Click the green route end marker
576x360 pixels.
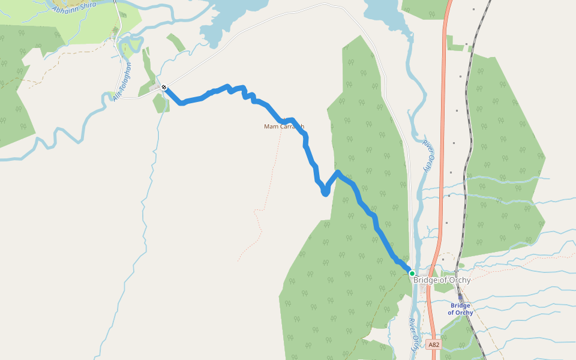coord(412,274)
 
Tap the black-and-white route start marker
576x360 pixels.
coord(164,88)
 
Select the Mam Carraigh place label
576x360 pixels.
coord(284,127)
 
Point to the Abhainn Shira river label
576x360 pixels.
coord(74,8)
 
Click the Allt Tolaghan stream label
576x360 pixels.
coord(122,82)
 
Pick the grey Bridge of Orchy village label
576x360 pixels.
coord(442,280)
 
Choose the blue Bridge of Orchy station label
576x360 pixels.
coord(460,309)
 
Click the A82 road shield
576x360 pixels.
coord(434,344)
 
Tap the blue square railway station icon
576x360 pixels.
coord(460,296)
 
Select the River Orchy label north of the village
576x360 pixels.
coord(427,156)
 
